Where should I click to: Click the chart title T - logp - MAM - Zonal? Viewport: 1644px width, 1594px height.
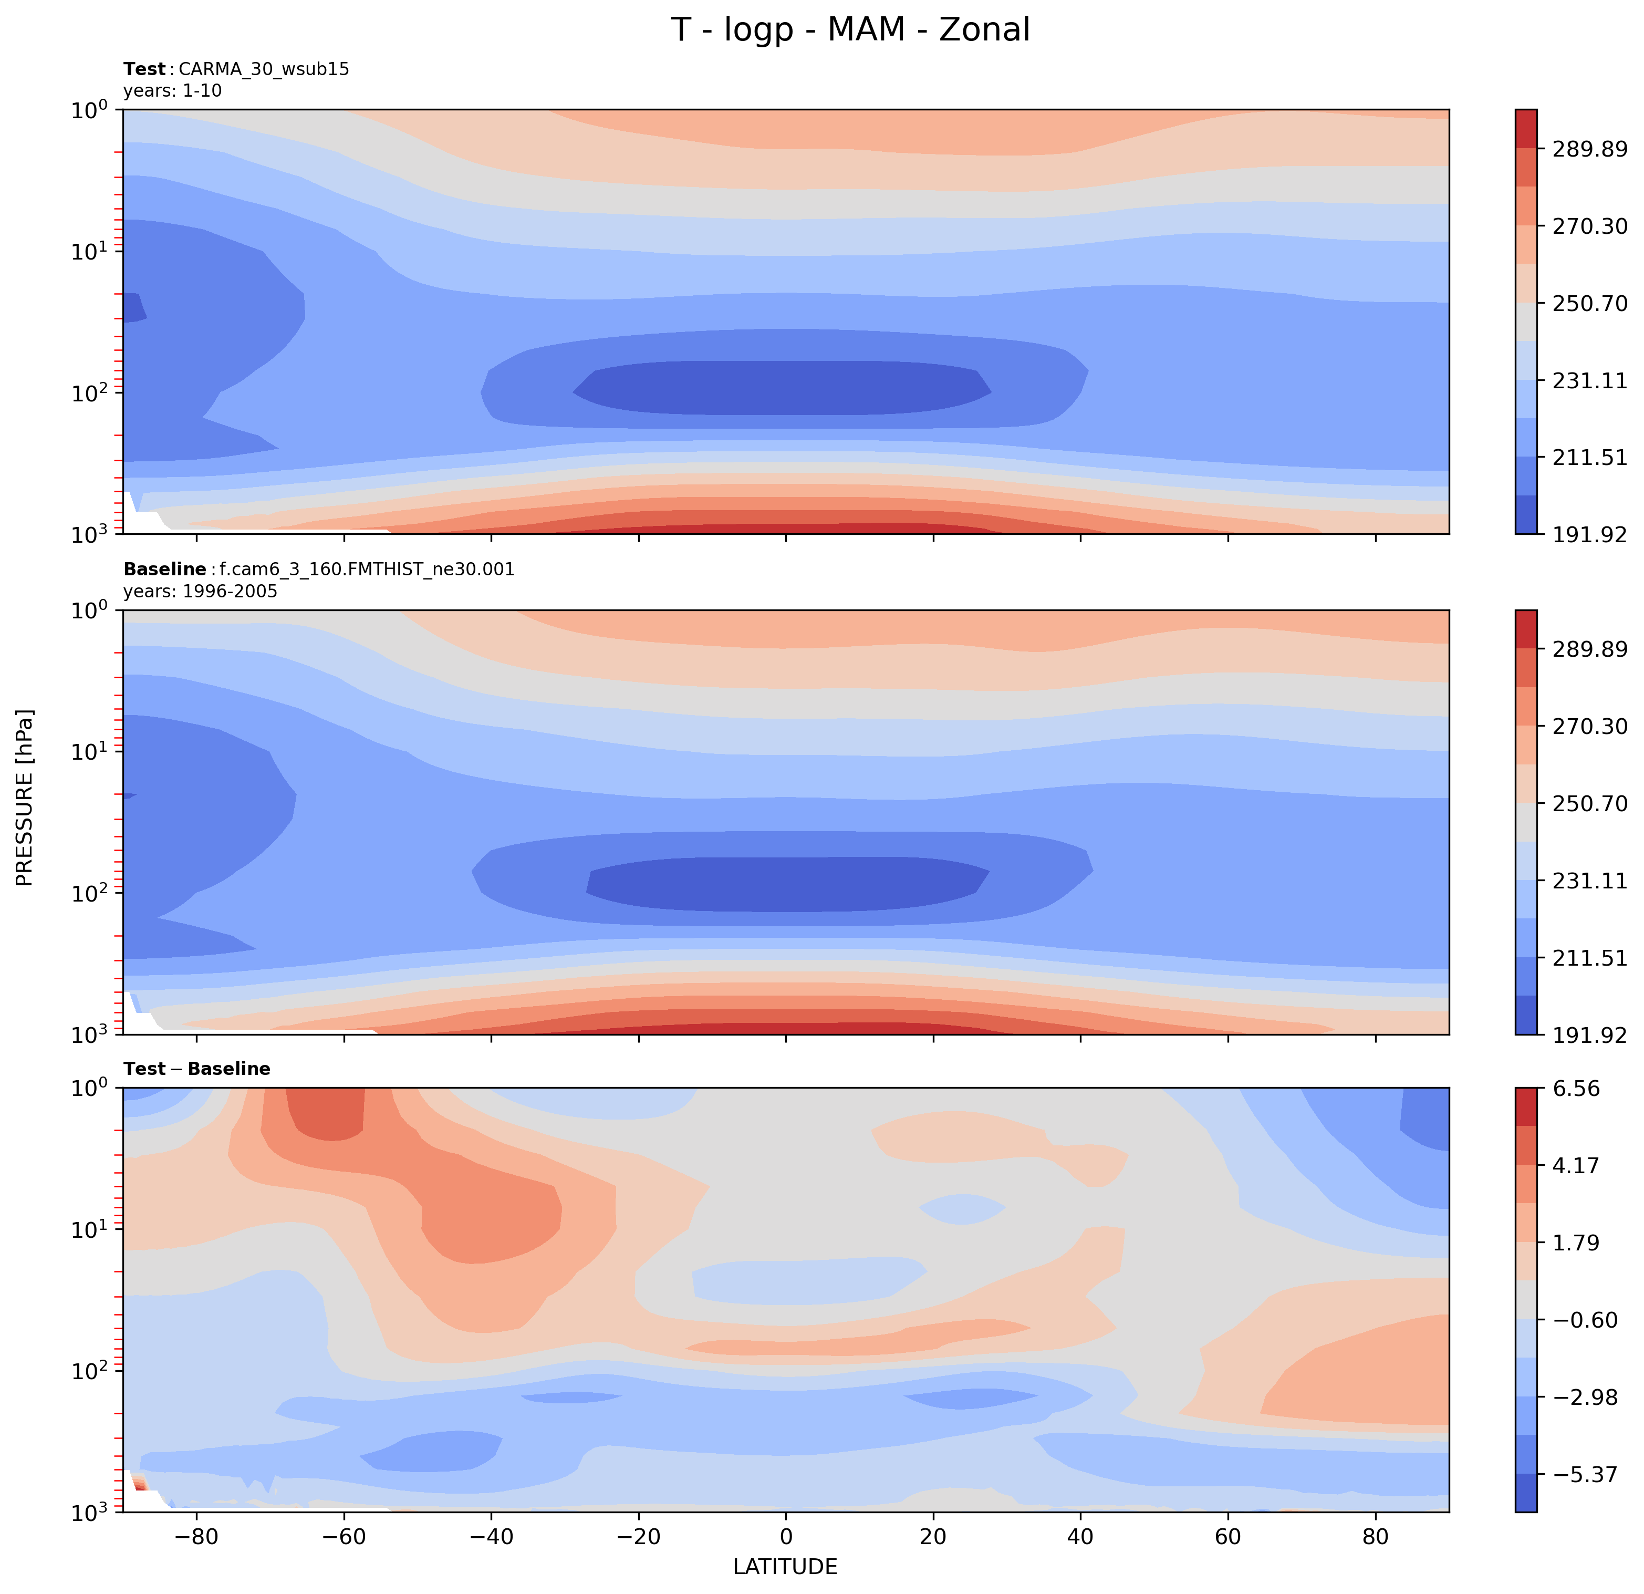850,30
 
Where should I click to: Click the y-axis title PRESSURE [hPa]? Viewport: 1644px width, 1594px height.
25,798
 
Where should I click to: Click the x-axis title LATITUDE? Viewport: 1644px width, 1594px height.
785,1566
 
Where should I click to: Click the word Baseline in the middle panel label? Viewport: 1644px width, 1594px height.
164,570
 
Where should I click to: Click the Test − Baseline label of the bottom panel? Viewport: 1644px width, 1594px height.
196,1069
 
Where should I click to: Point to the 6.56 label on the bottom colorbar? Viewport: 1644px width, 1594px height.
1576,1089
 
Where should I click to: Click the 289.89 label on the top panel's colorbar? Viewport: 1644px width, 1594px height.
1589,149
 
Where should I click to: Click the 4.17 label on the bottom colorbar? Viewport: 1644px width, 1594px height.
1576,1165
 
